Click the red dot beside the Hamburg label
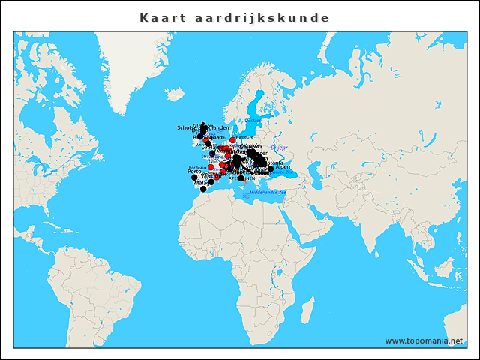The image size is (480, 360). point(232,140)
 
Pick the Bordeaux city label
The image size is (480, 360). point(196,167)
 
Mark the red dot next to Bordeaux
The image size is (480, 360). point(211,167)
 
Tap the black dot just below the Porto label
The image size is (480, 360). point(194,178)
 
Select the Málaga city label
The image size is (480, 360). point(202,183)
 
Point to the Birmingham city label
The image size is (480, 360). point(208,138)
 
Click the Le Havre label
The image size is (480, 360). point(208,148)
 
